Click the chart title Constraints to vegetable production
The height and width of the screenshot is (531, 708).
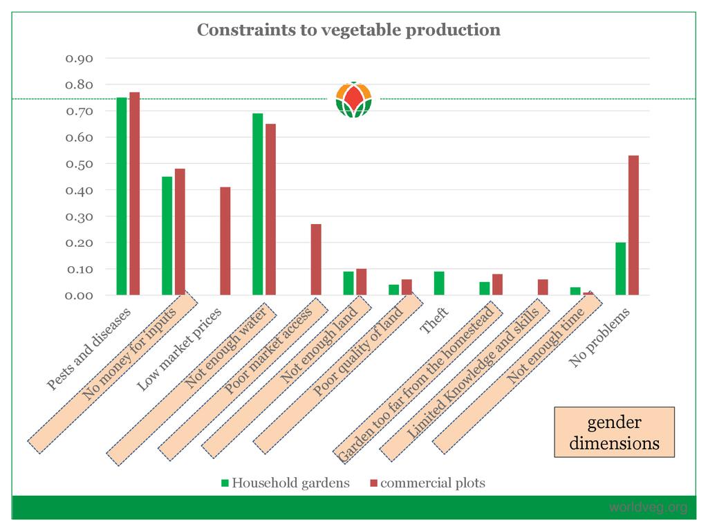click(348, 30)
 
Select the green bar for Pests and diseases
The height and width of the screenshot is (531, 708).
click(122, 196)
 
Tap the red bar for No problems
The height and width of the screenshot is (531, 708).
click(633, 225)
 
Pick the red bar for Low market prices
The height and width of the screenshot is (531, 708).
click(225, 241)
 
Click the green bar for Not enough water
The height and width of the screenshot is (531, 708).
click(257, 204)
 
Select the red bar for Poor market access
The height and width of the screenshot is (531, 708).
click(316, 259)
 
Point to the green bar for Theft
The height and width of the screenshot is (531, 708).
click(438, 283)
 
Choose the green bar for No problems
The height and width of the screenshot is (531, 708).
click(620, 269)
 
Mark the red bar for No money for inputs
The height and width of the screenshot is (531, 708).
click(180, 232)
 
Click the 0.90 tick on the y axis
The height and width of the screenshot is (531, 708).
click(80, 58)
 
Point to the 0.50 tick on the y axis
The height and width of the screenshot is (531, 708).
click(80, 164)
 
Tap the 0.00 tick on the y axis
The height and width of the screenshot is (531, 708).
click(80, 295)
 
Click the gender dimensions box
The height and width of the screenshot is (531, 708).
click(614, 432)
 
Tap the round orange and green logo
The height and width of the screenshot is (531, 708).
click(353, 100)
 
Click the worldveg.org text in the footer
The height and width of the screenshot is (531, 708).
click(648, 508)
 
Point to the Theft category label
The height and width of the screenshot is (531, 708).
click(435, 321)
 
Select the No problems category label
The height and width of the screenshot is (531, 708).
click(600, 337)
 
